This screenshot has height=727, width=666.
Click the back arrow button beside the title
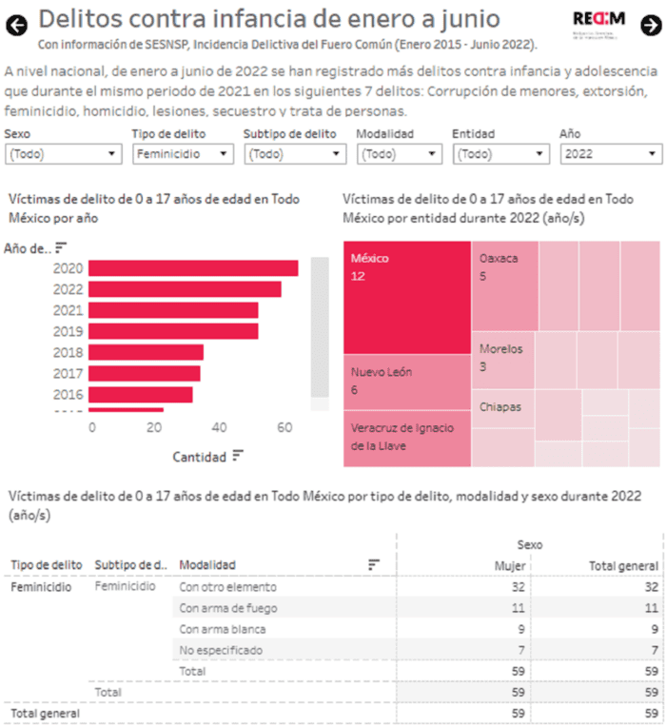(16, 25)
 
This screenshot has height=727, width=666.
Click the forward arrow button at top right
(650, 26)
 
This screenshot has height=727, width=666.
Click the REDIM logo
(598, 24)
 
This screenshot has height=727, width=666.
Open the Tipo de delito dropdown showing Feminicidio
(183, 154)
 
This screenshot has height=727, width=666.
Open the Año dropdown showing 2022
(611, 154)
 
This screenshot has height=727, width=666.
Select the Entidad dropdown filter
(500, 154)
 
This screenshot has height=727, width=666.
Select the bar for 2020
(194, 268)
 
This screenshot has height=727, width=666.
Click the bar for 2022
(186, 289)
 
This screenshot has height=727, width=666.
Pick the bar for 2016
(142, 394)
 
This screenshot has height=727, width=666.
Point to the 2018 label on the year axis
(68, 352)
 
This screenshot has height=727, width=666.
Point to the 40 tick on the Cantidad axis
(220, 428)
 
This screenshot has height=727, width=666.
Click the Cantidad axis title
(199, 457)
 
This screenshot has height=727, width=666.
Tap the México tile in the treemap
(407, 297)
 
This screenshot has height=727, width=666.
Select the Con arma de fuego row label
(228, 607)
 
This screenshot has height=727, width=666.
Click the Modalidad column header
(207, 565)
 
